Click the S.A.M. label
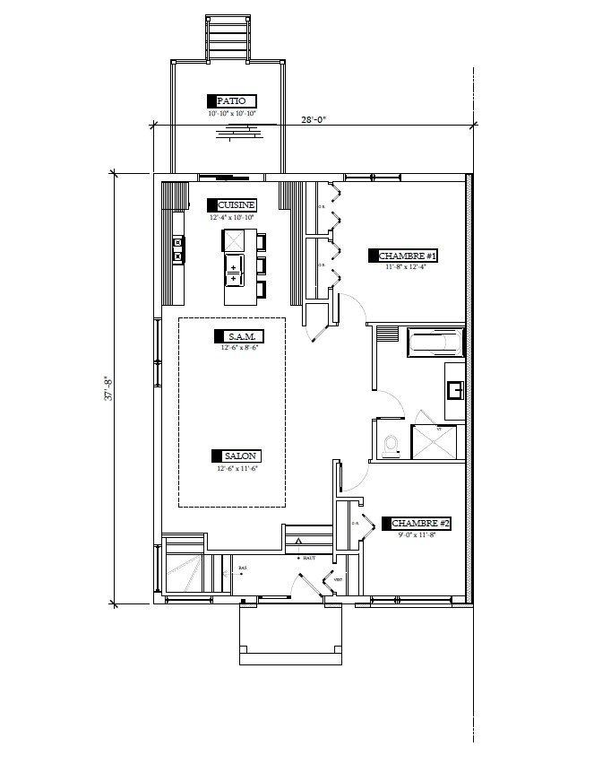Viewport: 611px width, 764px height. pyautogui.click(x=237, y=336)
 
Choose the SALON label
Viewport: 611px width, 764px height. pyautogui.click(x=237, y=456)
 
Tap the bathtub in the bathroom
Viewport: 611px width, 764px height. pyautogui.click(x=435, y=342)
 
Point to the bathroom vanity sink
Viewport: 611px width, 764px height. pyautogui.click(x=454, y=390)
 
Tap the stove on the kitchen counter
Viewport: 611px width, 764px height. pyautogui.click(x=178, y=249)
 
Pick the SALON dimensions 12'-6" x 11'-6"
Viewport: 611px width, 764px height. pyautogui.click(x=237, y=469)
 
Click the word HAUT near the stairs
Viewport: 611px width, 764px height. pyautogui.click(x=311, y=558)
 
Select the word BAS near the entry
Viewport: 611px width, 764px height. pyautogui.click(x=242, y=569)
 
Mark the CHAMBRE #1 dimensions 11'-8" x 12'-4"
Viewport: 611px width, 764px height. pyautogui.click(x=411, y=267)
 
